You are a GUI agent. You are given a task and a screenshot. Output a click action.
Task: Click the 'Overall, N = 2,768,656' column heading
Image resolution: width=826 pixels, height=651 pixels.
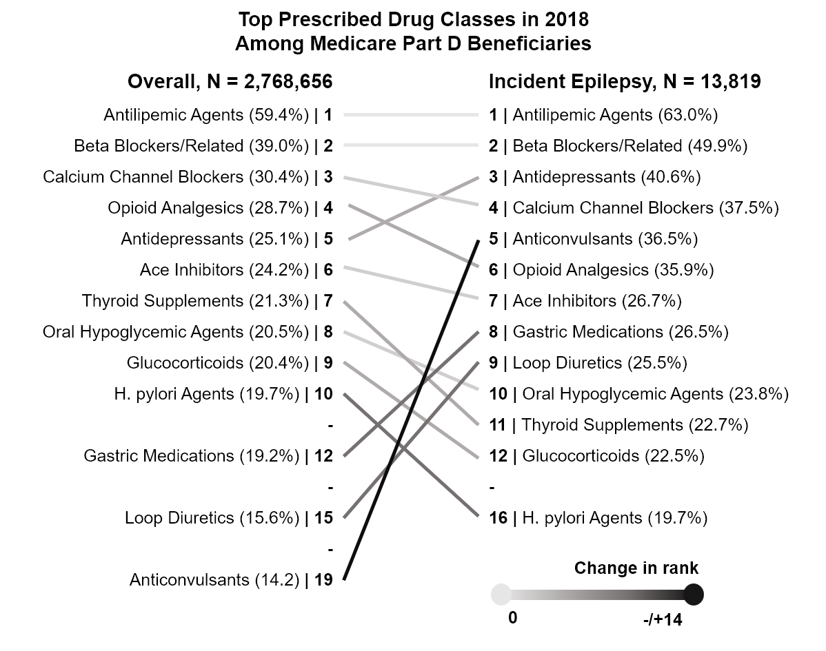click(230, 82)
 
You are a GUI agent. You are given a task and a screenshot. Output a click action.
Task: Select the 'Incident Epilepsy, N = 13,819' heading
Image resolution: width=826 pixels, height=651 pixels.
click(625, 82)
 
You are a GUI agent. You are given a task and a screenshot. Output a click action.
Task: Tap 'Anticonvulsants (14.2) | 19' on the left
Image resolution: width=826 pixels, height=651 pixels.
click(231, 580)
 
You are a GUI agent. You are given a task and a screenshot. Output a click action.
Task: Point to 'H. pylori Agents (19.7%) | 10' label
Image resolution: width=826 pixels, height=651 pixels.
click(223, 394)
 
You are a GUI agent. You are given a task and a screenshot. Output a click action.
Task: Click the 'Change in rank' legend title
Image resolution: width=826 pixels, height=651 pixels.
click(636, 568)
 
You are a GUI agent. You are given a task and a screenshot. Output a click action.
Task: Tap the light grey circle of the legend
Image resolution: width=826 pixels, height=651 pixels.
click(501, 594)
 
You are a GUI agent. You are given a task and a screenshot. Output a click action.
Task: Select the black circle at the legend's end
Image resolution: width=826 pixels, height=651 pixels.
click(693, 594)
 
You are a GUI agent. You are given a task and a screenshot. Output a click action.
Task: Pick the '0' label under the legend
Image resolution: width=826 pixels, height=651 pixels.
click(512, 618)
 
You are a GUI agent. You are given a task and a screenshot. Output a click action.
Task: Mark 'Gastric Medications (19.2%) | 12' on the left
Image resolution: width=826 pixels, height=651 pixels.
click(208, 456)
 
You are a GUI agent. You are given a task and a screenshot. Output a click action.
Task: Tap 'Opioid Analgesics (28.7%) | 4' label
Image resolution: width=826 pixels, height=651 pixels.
click(220, 208)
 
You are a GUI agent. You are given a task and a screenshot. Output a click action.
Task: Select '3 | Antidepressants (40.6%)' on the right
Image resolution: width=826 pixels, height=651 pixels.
click(595, 177)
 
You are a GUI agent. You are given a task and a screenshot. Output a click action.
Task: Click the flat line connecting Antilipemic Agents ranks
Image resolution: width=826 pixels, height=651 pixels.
click(410, 115)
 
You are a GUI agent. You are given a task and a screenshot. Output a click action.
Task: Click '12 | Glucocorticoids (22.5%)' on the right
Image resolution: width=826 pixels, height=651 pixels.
click(596, 456)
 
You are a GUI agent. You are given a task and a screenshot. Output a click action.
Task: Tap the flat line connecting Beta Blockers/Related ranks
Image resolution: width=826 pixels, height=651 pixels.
click(410, 146)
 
